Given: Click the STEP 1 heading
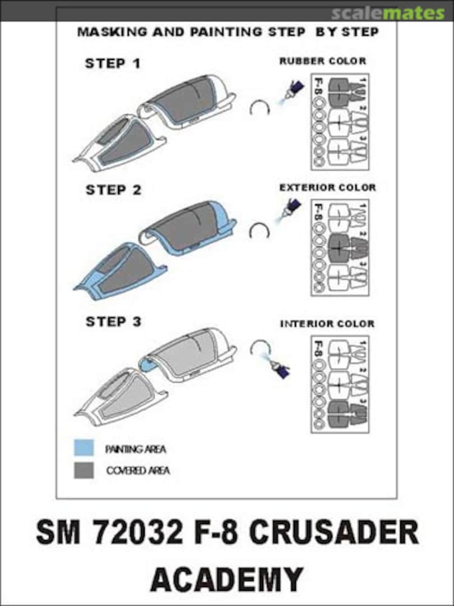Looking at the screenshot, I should point(113,63).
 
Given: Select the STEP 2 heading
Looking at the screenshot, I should point(113,190).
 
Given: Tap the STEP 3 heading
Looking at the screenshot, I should point(113,322).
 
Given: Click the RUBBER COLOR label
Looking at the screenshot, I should point(323,61).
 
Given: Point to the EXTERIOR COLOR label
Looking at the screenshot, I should point(328,187).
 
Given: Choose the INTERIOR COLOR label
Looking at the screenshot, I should point(327,324).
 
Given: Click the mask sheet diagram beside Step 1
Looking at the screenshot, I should point(340,122).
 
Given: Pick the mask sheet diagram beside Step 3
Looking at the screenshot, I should point(340,384).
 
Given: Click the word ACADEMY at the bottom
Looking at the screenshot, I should point(226,579).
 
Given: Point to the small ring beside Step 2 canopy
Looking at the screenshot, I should point(260,231).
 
